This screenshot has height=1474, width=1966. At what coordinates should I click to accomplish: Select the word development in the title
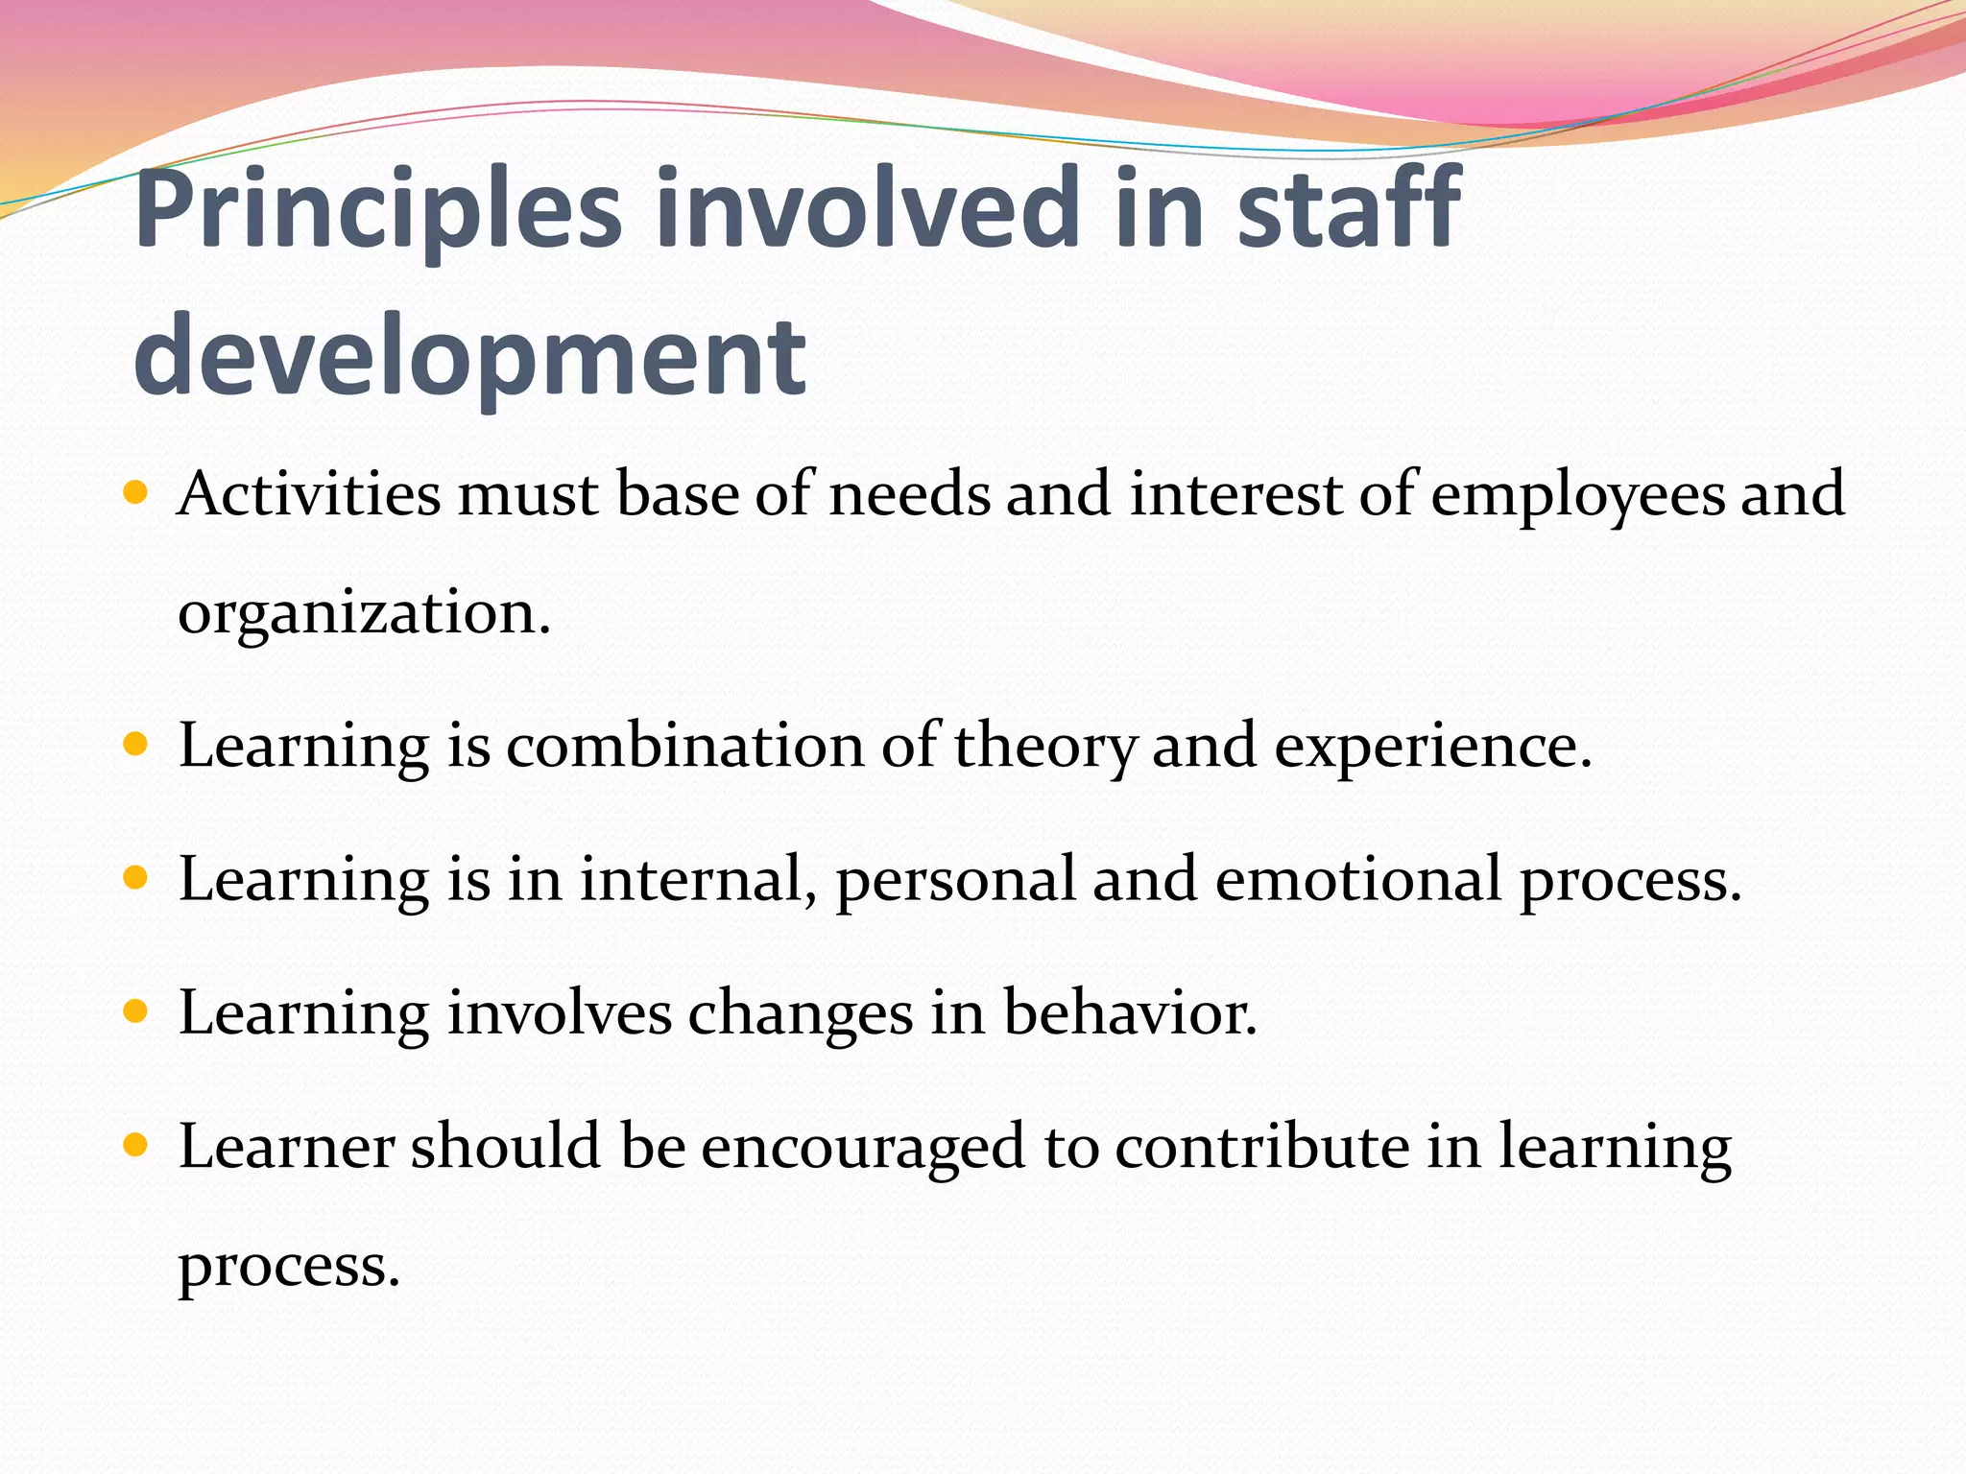(x=469, y=358)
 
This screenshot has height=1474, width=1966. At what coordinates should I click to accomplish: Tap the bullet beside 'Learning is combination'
(x=135, y=744)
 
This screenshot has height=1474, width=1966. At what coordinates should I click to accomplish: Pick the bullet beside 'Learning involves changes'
(x=135, y=1010)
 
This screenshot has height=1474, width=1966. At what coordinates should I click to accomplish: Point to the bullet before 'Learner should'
(x=135, y=1144)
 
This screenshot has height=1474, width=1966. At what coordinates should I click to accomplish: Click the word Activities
(x=309, y=494)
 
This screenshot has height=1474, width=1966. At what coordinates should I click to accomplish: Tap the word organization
(x=364, y=614)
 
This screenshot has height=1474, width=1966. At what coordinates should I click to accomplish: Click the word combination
(x=684, y=746)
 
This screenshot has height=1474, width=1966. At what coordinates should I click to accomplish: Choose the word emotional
(x=1357, y=879)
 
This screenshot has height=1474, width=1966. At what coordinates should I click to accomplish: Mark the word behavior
(x=1130, y=1012)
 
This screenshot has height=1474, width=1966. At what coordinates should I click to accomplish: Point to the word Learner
(x=286, y=1146)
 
